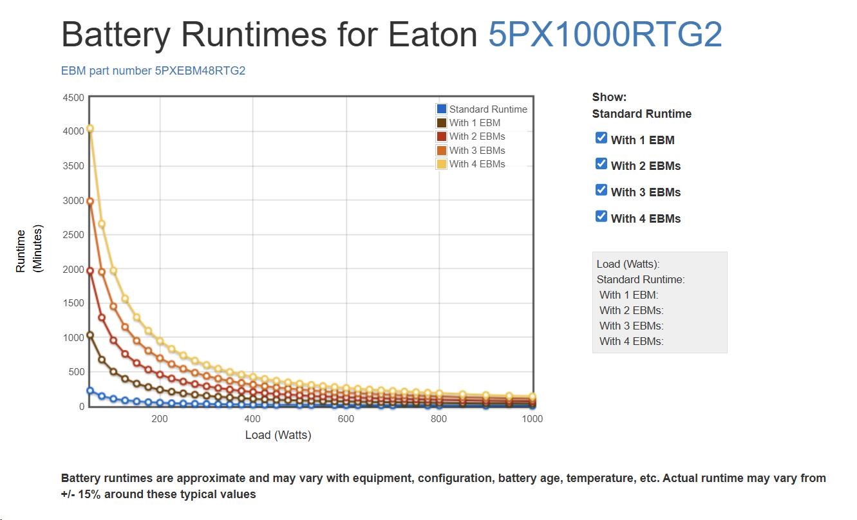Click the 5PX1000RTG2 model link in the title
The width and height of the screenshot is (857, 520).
click(605, 35)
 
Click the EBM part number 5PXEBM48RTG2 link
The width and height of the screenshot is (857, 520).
click(153, 71)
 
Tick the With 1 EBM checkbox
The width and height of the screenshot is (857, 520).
click(601, 138)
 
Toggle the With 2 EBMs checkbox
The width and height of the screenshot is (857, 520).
click(601, 163)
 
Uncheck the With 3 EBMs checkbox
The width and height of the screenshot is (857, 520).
click(601, 190)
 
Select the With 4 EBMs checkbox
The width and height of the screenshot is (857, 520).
click(601, 216)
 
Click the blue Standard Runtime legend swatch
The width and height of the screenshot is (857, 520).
click(442, 109)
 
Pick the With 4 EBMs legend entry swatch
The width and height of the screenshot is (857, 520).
click(442, 164)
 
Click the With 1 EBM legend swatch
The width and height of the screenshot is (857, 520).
click(442, 123)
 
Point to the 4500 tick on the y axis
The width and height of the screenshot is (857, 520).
click(73, 98)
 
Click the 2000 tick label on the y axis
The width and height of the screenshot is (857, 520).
click(73, 270)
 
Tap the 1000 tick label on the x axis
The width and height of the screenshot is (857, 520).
click(532, 419)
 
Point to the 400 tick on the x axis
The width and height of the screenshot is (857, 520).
click(252, 419)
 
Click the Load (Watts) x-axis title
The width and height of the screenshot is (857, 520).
click(278, 435)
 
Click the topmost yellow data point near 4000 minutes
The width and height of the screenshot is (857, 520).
click(90, 129)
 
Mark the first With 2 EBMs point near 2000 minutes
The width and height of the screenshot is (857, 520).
click(90, 271)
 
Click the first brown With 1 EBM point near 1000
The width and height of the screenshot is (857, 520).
click(90, 335)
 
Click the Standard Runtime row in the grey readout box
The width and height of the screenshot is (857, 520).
click(641, 279)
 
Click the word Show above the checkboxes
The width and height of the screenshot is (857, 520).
click(608, 97)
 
